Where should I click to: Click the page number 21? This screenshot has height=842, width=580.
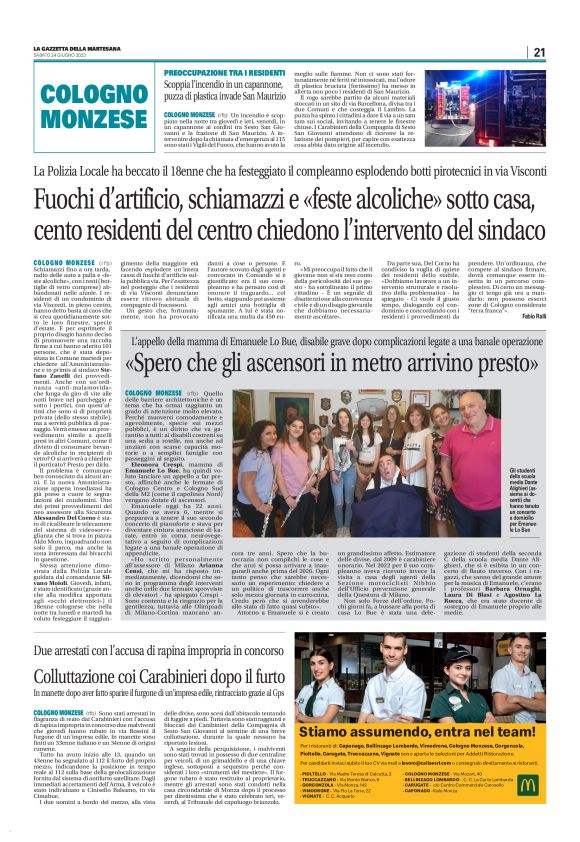tap(538, 52)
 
